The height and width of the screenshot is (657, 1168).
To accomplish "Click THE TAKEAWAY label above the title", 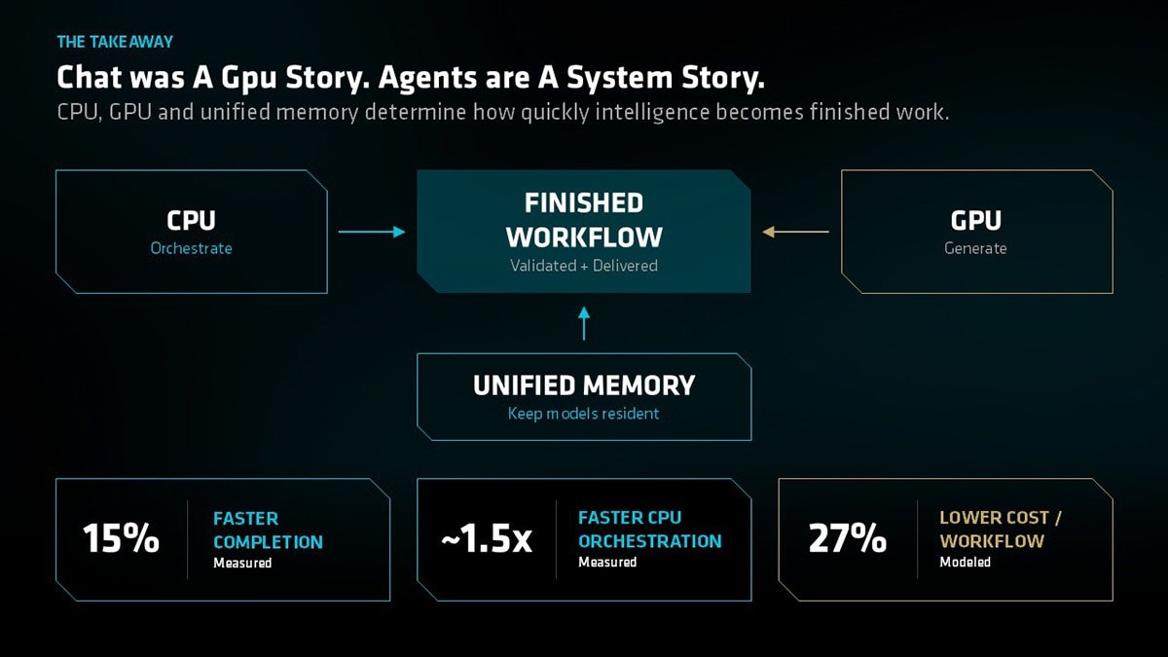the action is click(x=115, y=42).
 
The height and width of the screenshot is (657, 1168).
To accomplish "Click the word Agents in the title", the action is click(x=427, y=78).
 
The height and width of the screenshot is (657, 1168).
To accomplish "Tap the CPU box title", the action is click(x=191, y=221).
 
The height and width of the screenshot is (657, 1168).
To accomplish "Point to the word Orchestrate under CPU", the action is click(x=191, y=248).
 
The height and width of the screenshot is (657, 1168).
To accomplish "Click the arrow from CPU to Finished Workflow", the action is click(x=372, y=232).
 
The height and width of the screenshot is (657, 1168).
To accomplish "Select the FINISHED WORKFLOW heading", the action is click(x=584, y=220).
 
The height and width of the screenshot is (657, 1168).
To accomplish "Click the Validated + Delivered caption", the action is click(x=584, y=266).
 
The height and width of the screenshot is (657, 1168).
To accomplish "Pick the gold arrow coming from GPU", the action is click(x=795, y=232).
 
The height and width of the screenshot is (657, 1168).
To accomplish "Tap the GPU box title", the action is click(x=975, y=221).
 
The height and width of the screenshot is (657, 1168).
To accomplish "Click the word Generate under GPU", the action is click(x=975, y=248).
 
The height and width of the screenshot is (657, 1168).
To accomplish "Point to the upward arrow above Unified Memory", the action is click(x=584, y=323).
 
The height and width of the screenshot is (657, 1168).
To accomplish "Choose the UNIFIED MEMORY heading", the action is click(x=584, y=385).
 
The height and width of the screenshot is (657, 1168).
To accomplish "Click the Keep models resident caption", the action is click(x=583, y=414).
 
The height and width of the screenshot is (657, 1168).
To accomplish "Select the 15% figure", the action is click(x=121, y=538).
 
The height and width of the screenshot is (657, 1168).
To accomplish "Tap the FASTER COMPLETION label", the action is click(x=268, y=530).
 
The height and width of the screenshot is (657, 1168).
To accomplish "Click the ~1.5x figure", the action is click(x=487, y=538).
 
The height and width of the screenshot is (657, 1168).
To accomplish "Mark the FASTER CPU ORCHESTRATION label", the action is click(x=650, y=529).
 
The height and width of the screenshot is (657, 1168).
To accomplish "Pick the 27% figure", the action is click(x=848, y=538).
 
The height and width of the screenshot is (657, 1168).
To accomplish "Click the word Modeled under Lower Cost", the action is click(x=966, y=563).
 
